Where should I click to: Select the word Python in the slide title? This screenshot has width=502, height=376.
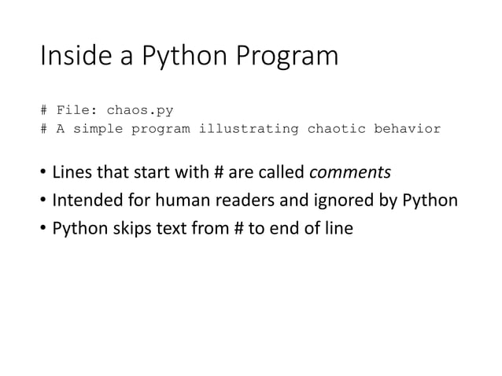tap(174, 57)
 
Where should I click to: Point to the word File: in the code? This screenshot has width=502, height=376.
tap(77, 110)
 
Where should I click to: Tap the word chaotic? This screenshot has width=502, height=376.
tap(336, 128)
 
